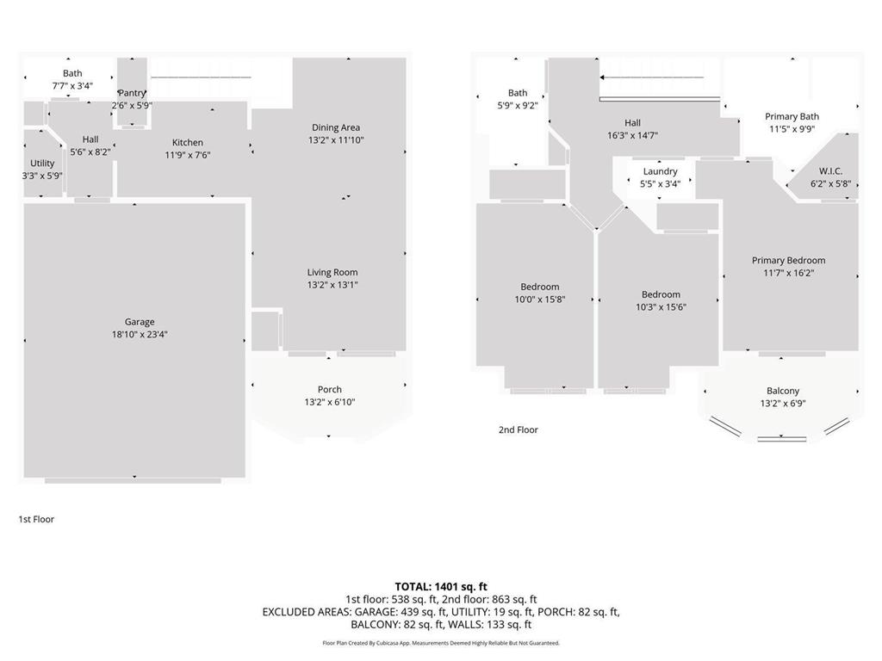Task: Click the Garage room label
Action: coord(140,322)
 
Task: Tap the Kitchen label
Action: coord(188,143)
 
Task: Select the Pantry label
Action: coord(132,93)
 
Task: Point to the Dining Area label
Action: coord(336,127)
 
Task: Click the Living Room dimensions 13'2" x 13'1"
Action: coord(332,285)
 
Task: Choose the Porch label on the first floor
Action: coord(329,389)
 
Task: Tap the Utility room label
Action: coord(42,164)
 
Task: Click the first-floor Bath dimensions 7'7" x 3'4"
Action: coord(72,86)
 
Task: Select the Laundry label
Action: coord(660,171)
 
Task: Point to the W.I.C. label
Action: coord(830,171)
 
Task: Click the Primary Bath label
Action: coord(792,116)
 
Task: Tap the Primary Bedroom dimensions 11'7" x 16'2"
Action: coord(788,273)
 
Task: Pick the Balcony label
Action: coord(783,391)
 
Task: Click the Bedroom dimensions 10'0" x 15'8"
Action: coord(540,300)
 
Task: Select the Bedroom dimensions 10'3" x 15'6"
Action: coord(661,306)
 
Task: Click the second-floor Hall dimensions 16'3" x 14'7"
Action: coord(632,135)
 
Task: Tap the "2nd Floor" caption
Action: coord(518,429)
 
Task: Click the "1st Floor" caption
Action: coord(36,519)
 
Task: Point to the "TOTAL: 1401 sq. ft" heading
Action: coord(441,587)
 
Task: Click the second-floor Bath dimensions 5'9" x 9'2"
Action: coord(518,106)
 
